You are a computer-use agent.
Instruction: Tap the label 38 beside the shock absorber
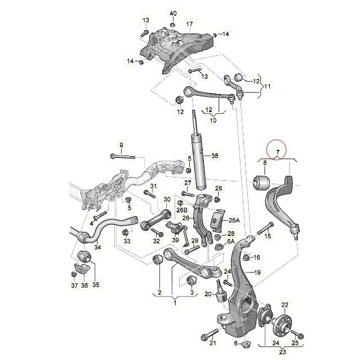215,155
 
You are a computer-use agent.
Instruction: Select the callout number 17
190,24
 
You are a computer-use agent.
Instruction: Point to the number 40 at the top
173,13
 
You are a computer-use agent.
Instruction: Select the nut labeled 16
246,257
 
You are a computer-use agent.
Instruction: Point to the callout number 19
256,273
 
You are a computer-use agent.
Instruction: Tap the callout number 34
98,247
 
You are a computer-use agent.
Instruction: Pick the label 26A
234,220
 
